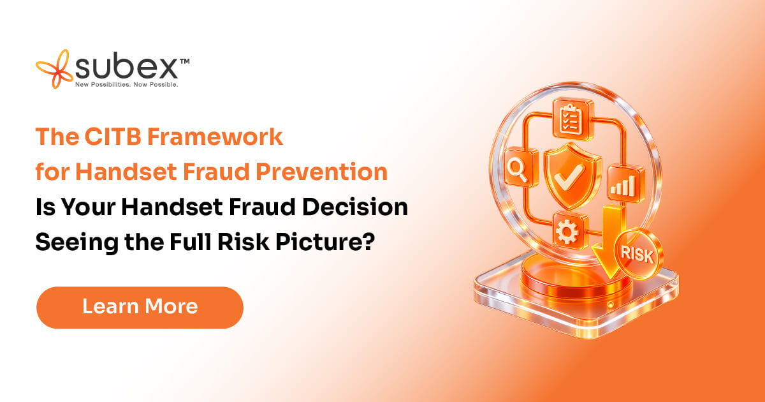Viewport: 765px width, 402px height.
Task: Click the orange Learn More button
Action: (140, 308)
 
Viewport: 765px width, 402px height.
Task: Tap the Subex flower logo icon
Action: (55, 69)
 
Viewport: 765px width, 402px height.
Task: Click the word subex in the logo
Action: (126, 66)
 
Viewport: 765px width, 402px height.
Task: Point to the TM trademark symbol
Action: (184, 61)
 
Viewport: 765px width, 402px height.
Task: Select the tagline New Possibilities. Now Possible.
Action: (127, 84)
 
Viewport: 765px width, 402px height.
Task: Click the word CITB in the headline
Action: (113, 137)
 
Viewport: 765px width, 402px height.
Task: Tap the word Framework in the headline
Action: (215, 137)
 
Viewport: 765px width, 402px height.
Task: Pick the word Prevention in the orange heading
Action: (321, 171)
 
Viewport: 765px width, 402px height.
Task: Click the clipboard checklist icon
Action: (572, 120)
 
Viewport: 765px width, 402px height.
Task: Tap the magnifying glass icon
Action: (519, 169)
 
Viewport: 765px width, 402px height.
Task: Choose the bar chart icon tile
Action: (625, 184)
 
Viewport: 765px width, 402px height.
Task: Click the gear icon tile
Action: (568, 231)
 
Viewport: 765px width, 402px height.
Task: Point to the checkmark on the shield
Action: (569, 176)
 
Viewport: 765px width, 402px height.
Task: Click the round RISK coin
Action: (638, 253)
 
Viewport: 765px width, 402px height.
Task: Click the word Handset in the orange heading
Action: (126, 171)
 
